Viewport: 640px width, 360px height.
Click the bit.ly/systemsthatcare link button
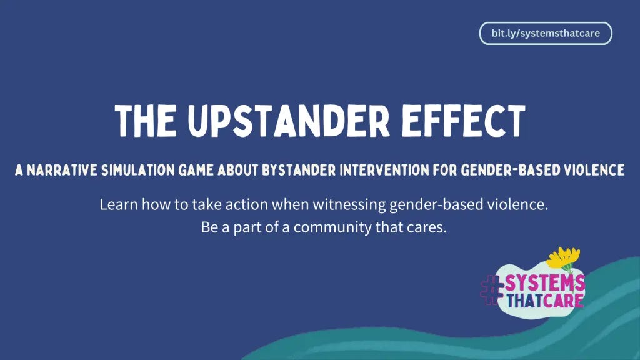click(546, 33)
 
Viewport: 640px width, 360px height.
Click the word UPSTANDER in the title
click(289, 121)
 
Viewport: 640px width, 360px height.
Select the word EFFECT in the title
click(464, 121)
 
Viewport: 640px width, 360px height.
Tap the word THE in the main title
click(146, 121)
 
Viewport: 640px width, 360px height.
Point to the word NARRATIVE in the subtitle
click(62, 170)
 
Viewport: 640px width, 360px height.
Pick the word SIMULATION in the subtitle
click(138, 170)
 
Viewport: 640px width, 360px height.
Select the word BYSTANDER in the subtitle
click(299, 170)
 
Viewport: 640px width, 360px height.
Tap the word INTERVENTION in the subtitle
click(384, 170)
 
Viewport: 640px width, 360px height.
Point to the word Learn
click(119, 204)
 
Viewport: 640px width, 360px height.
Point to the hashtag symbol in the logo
click(492, 290)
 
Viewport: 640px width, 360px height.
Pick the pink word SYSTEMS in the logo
click(545, 284)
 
